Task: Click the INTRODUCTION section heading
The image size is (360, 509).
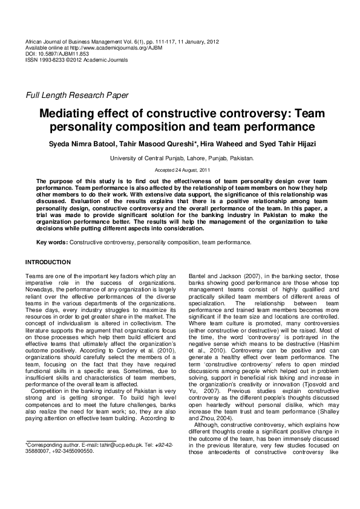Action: pos(48,262)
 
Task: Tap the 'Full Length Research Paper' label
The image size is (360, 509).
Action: pos(77,95)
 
